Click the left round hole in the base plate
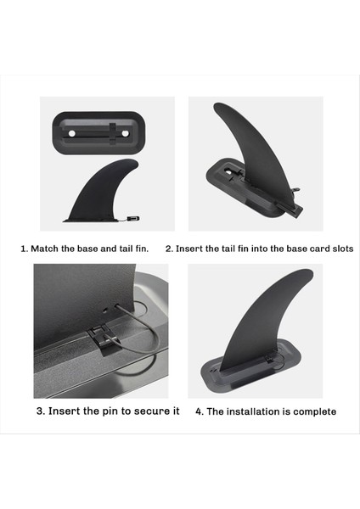(72, 133)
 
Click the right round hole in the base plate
(125, 133)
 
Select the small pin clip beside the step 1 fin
(133, 219)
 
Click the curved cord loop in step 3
(143, 338)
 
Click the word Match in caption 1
(44, 249)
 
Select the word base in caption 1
(87, 249)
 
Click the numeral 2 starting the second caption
(168, 249)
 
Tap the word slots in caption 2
(343, 249)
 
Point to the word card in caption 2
(320, 249)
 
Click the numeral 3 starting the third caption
(40, 411)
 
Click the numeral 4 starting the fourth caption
(199, 411)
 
